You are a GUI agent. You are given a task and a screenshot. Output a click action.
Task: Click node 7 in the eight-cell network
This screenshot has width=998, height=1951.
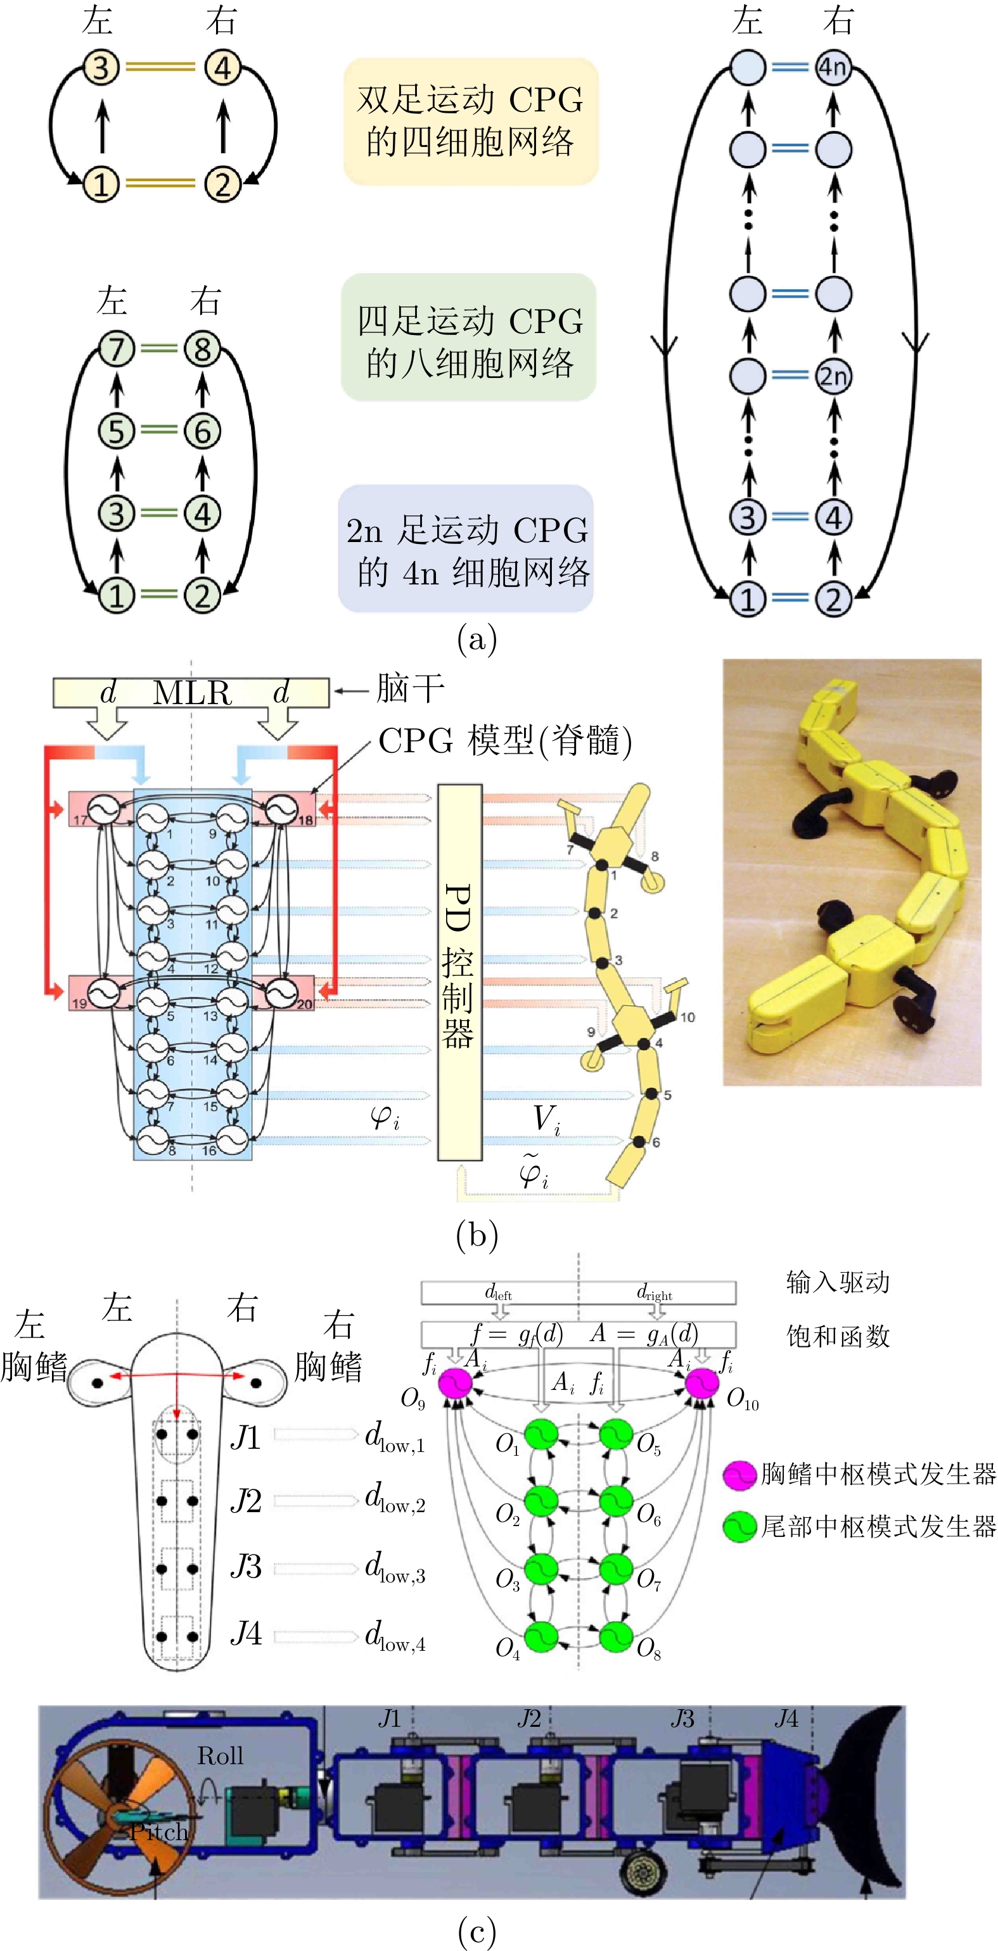click(x=116, y=349)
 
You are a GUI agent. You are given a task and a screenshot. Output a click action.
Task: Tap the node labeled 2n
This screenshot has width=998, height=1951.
click(x=833, y=376)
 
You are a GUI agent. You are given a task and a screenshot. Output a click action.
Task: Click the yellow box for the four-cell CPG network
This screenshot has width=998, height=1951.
click(x=471, y=121)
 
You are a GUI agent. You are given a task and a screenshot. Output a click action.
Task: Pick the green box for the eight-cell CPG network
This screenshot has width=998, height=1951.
click(x=469, y=338)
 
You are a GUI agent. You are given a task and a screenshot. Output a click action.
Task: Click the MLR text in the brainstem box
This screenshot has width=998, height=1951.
click(x=192, y=693)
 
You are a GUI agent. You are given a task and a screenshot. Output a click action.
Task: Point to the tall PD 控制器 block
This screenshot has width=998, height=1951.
click(x=459, y=972)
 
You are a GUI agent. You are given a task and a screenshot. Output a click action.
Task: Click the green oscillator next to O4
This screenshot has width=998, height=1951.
click(x=541, y=1638)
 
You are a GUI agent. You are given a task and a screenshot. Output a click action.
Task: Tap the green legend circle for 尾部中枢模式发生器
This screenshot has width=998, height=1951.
click(x=739, y=1527)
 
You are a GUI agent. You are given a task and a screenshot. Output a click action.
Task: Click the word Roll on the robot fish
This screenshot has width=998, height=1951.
click(x=220, y=1755)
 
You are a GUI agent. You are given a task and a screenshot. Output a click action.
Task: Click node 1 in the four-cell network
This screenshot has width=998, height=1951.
click(x=101, y=184)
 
